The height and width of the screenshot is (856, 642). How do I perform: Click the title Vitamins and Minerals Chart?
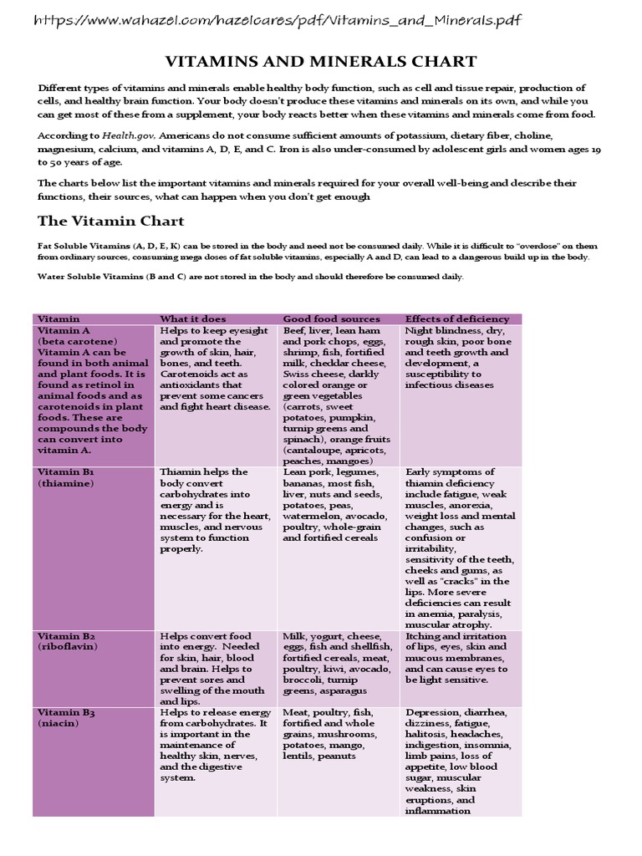click(x=320, y=61)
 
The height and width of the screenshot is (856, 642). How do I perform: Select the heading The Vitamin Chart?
click(x=111, y=222)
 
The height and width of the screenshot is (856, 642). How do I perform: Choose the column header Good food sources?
click(x=331, y=318)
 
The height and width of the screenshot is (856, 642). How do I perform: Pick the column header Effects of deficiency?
click(x=456, y=318)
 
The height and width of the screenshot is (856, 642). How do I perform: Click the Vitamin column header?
click(x=59, y=318)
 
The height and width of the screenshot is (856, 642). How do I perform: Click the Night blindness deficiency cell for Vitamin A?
click(x=458, y=358)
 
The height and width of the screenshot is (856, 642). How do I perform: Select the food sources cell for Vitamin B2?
click(x=336, y=664)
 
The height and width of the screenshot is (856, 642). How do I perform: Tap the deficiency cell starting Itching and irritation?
click(x=458, y=658)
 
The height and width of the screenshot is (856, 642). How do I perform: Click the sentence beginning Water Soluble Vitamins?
click(x=249, y=277)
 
